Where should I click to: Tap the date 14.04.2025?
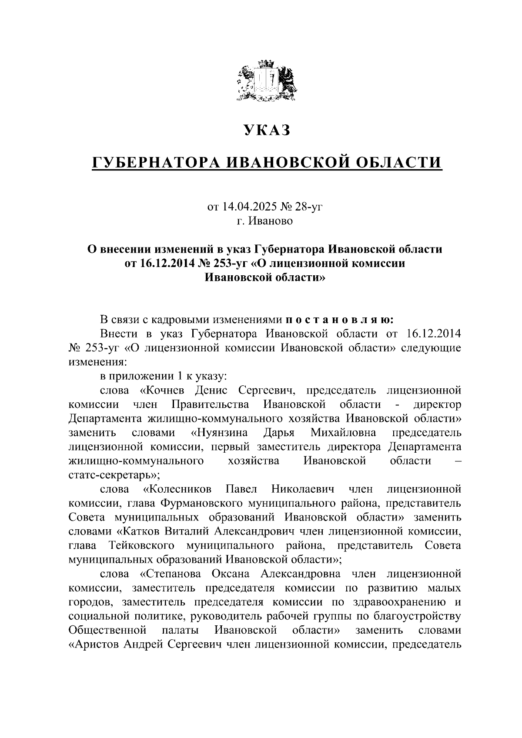point(247,207)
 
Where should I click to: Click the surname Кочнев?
point(166,390)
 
